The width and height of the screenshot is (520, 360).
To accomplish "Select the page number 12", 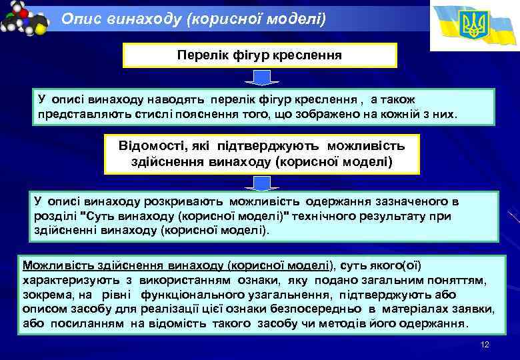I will [x=485, y=344].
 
